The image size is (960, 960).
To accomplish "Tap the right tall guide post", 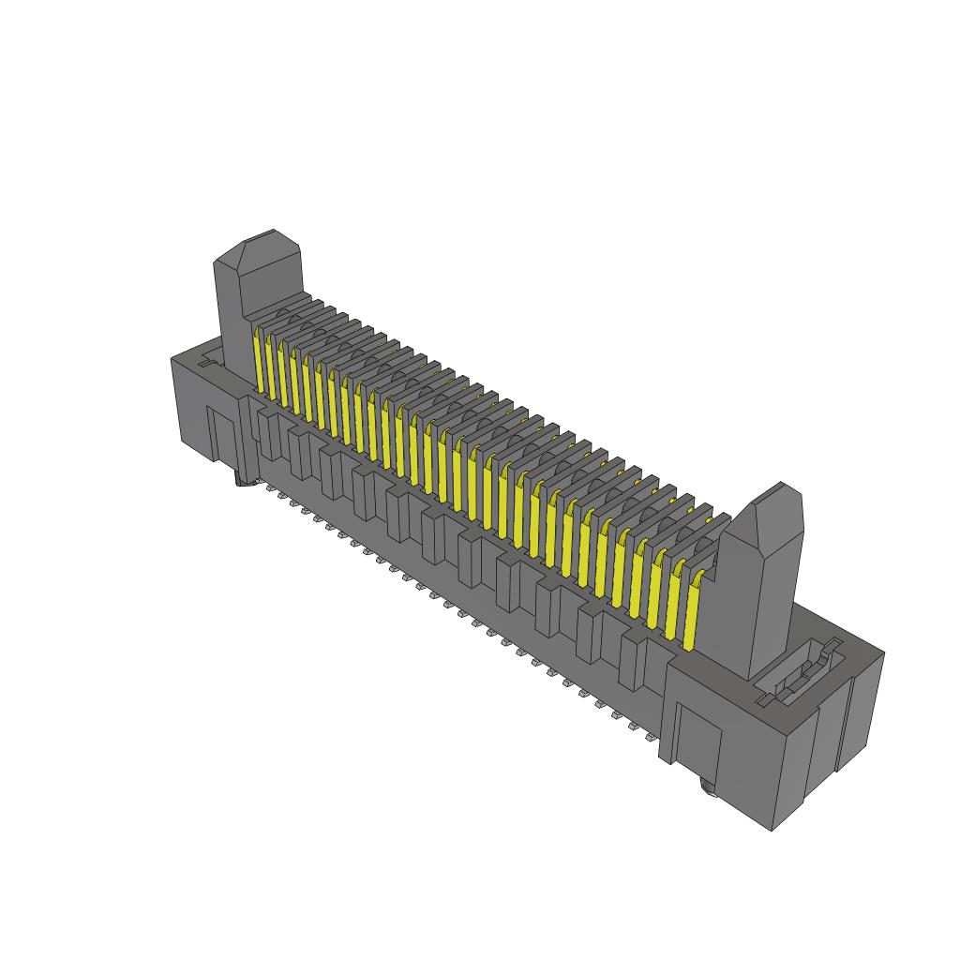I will (769, 581).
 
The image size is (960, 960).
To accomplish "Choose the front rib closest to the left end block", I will (270, 433).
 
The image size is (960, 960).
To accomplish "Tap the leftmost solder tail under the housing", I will (270, 488).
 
